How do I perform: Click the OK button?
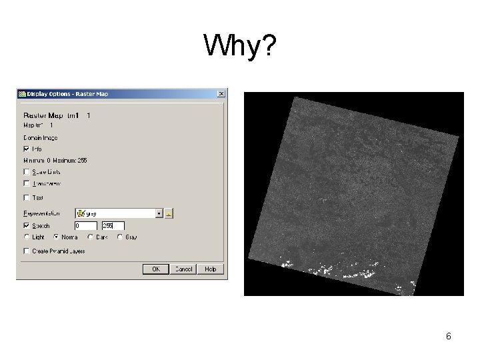(156, 269)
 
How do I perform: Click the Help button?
(211, 269)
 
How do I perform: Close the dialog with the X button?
(221, 94)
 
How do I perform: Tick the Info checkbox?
(26, 149)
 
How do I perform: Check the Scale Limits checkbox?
(26, 172)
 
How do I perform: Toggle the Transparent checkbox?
(26, 183)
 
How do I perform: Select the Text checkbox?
(26, 197)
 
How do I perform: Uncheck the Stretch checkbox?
(26, 226)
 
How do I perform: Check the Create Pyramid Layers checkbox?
(26, 251)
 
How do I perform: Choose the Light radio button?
(27, 237)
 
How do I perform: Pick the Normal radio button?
(56, 237)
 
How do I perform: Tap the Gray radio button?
(120, 237)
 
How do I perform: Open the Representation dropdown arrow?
(159, 213)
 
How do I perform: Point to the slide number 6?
(449, 337)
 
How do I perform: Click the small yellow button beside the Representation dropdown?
(169, 213)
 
